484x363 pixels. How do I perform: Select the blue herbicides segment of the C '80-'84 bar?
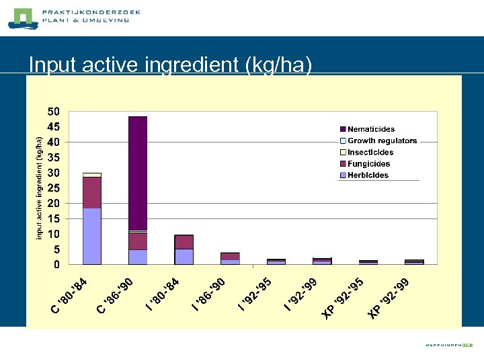click(x=92, y=236)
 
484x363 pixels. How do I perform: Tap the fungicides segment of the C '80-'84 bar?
click(x=92, y=192)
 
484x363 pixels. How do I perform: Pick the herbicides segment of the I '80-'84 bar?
click(x=184, y=257)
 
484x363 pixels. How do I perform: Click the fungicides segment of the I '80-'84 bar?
click(x=184, y=242)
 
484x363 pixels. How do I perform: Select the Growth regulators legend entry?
click(x=382, y=140)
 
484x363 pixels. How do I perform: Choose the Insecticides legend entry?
click(x=368, y=153)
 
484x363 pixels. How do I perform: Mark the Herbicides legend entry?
click(x=368, y=175)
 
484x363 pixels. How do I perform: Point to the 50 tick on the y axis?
click(x=53, y=112)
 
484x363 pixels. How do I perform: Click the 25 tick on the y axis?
click(x=53, y=188)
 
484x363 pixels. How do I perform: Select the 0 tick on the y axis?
click(x=56, y=265)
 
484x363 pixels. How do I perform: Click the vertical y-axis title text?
click(x=40, y=188)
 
